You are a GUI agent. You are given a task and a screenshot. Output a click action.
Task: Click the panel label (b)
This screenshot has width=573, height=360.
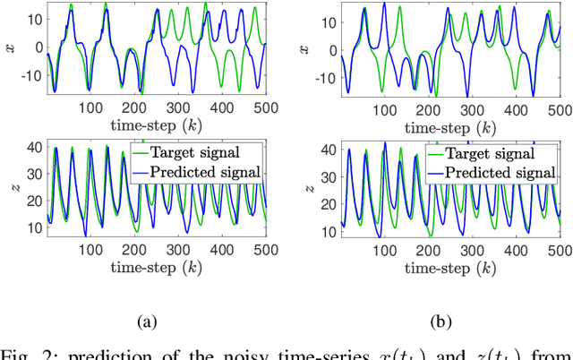pos(440,320)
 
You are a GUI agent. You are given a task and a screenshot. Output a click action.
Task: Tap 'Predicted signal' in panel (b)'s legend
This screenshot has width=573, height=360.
pos(500,170)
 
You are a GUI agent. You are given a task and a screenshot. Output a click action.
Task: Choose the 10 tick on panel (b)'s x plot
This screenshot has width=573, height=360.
pos(325,17)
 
